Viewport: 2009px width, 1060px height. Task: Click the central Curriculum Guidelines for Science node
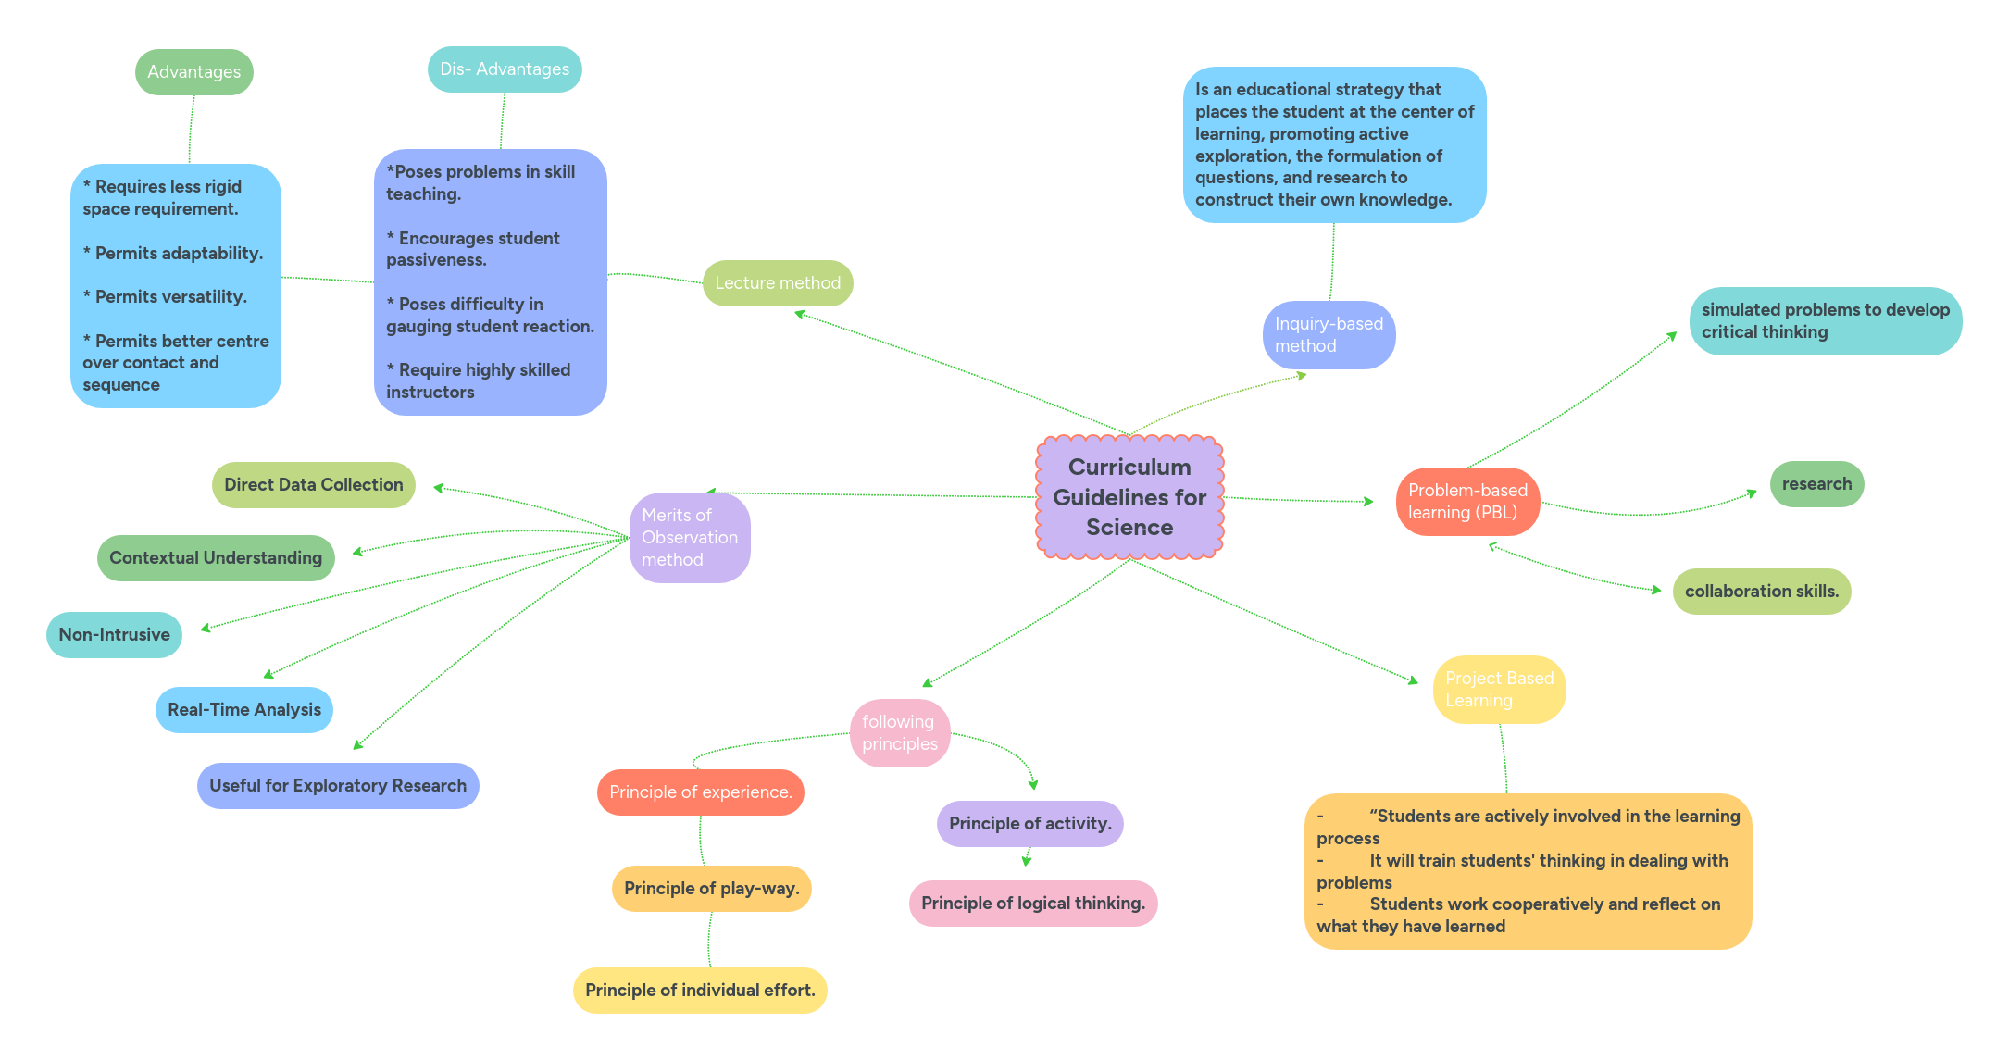click(1129, 497)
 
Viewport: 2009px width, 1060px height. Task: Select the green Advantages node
click(193, 72)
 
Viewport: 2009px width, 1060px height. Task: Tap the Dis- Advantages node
click(505, 69)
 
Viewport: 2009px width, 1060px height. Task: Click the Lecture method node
click(778, 283)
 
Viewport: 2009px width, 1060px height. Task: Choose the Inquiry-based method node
click(1329, 335)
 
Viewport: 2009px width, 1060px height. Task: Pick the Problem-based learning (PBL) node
click(1467, 502)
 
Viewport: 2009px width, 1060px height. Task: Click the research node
click(1816, 484)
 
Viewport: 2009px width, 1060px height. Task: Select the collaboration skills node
click(1761, 592)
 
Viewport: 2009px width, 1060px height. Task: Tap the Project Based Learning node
click(1499, 690)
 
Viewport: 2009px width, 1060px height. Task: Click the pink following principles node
click(899, 733)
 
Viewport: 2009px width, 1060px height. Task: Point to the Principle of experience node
click(700, 792)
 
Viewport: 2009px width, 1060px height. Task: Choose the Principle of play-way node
click(711, 889)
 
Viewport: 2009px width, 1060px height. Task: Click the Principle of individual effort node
click(700, 991)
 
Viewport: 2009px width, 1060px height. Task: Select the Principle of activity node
click(1029, 824)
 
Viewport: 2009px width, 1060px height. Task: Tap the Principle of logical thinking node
click(1033, 904)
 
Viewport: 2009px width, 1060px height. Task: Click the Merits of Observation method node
click(690, 538)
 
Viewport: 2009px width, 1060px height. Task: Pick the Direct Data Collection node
click(313, 485)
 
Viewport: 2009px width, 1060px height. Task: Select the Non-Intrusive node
click(114, 635)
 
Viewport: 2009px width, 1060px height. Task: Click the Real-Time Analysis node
click(244, 710)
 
